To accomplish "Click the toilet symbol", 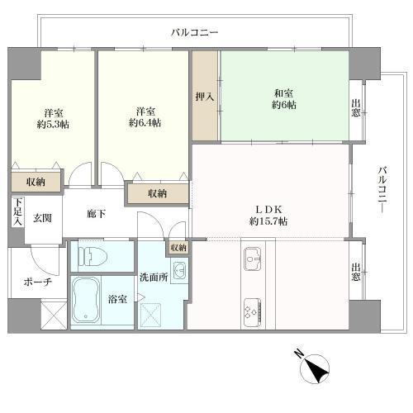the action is [x=93, y=257].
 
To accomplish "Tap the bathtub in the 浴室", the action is [x=86, y=299].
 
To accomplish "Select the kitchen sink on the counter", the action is [x=253, y=259].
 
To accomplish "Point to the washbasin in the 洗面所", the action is [x=179, y=270].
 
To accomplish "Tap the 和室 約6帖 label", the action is [x=284, y=99].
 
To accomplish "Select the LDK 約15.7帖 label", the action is [x=268, y=216].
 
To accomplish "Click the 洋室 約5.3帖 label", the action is [x=53, y=119].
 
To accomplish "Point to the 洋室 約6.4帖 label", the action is [x=145, y=117].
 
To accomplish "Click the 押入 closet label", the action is [x=205, y=97].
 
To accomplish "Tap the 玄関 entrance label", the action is [x=42, y=218].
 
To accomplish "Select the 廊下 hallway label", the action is [x=96, y=213].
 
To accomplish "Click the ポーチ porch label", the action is [x=38, y=282].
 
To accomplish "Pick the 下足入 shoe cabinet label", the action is [x=18, y=212].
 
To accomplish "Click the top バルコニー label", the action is [x=194, y=32].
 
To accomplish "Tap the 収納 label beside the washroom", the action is [x=178, y=248].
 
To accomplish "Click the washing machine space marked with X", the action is [x=150, y=316].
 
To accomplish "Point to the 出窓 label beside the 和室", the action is [x=356, y=108].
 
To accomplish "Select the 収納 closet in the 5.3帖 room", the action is [x=36, y=182].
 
